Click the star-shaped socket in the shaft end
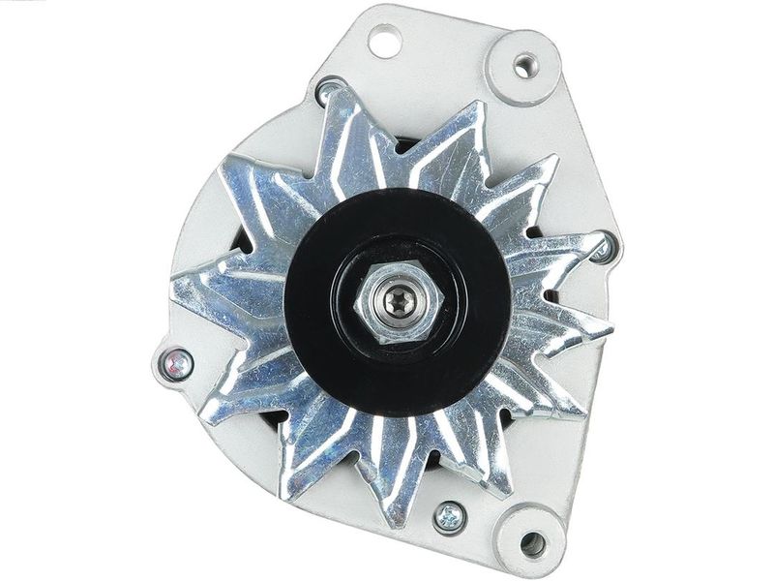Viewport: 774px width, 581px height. tap(396, 304)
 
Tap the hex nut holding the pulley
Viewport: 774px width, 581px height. tap(396, 303)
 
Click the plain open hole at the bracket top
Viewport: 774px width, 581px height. tap(385, 42)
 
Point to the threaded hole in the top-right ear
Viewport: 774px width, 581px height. tap(525, 65)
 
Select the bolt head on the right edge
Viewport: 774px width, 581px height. tap(602, 250)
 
